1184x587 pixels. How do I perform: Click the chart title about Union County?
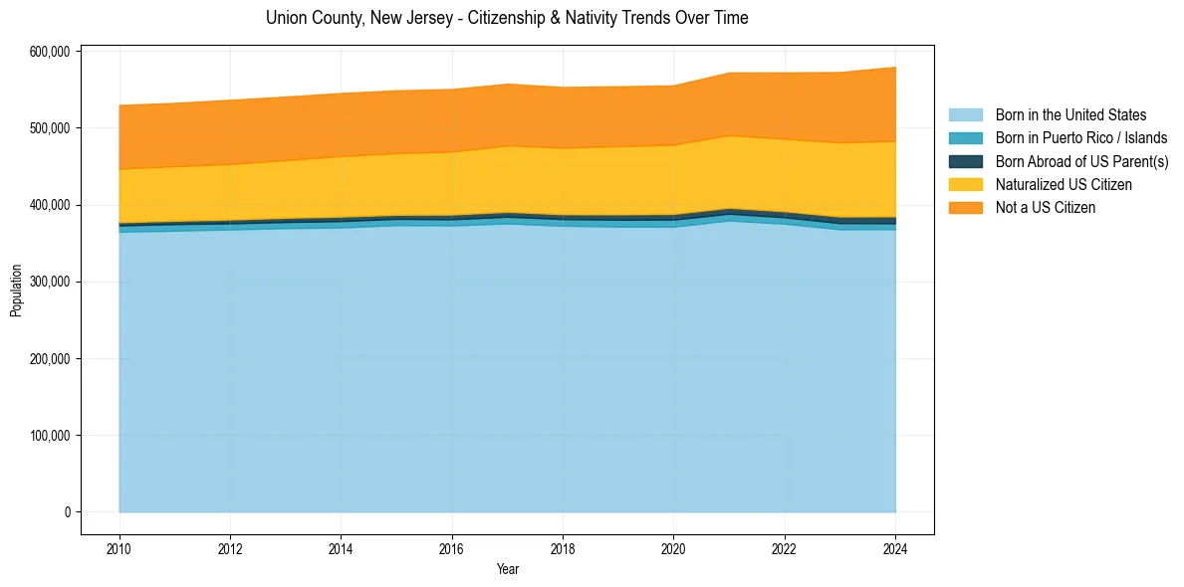pyautogui.click(x=507, y=18)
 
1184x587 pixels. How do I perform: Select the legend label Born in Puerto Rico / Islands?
pyautogui.click(x=1081, y=138)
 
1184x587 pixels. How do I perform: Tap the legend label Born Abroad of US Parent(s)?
pyautogui.click(x=1081, y=161)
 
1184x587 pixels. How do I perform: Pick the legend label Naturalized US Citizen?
pyautogui.click(x=1064, y=184)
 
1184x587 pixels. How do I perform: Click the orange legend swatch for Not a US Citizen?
pyautogui.click(x=965, y=207)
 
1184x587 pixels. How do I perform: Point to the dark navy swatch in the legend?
pyautogui.click(x=965, y=161)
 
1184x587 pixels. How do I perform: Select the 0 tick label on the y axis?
pyautogui.click(x=68, y=512)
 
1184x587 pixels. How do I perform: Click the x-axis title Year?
pyautogui.click(x=507, y=569)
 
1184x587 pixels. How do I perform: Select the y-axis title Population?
pyautogui.click(x=16, y=291)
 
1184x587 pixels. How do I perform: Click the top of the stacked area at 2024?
pyautogui.click(x=895, y=68)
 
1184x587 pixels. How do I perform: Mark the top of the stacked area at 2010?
pyautogui.click(x=119, y=105)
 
